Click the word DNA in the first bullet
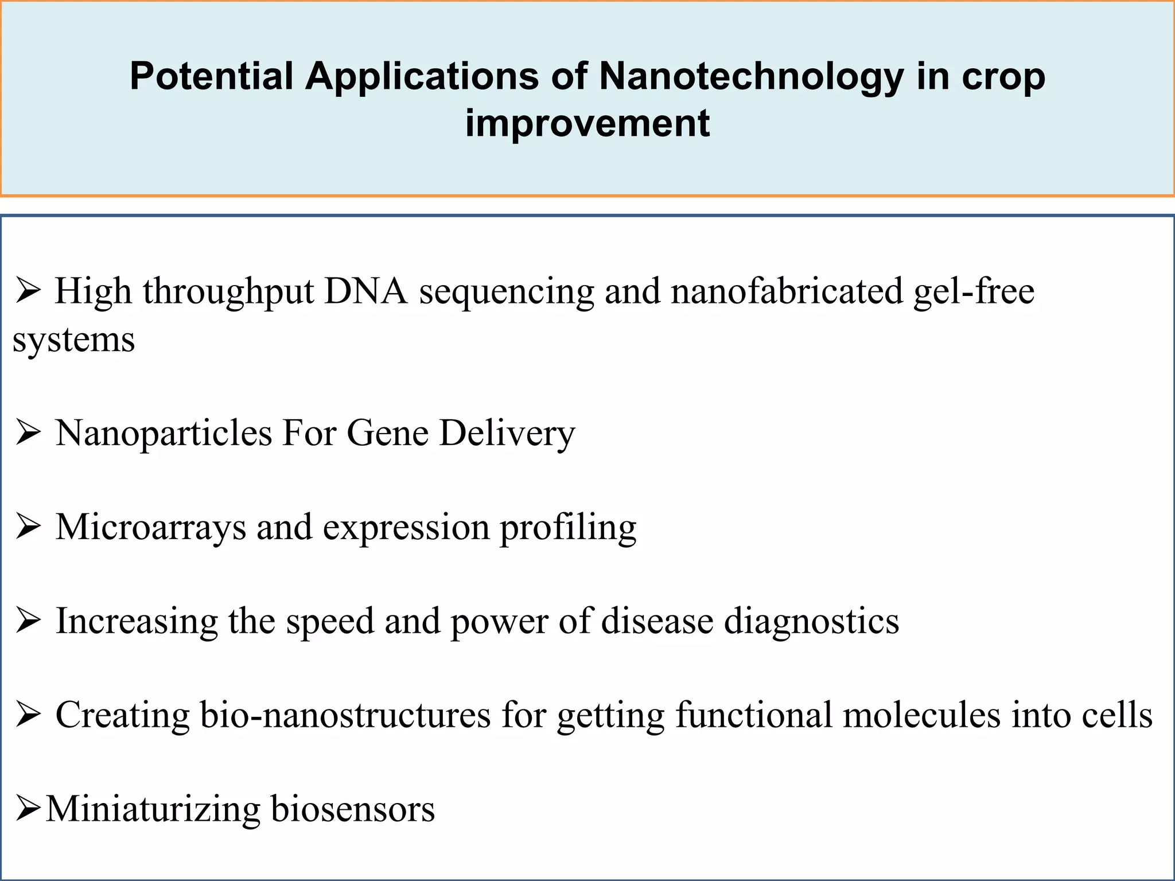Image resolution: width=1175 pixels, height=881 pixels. point(366,291)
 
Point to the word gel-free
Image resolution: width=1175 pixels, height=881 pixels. point(974,291)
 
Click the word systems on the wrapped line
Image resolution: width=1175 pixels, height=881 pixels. point(73,340)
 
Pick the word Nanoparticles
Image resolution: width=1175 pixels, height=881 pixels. point(164,432)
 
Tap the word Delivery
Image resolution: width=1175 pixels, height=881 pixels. point(507,432)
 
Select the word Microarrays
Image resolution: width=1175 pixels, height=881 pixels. point(151,527)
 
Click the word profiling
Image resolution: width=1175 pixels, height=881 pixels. point(568,527)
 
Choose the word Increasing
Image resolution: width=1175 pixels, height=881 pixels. point(137,621)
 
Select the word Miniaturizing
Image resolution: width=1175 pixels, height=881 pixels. point(153,809)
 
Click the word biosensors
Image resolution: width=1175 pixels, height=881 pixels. point(353,809)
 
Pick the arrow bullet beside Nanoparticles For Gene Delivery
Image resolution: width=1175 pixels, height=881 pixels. point(28,433)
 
